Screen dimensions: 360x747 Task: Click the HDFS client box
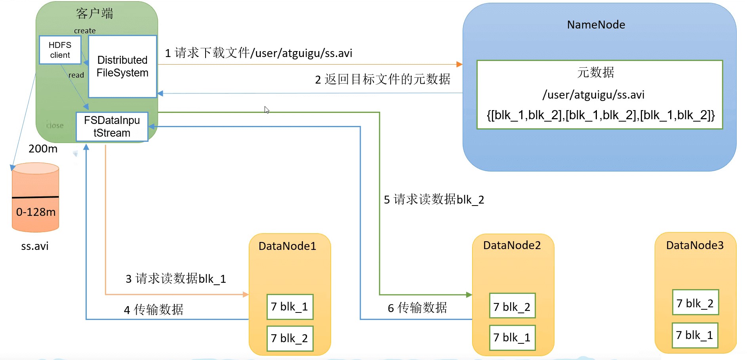pyautogui.click(x=60, y=50)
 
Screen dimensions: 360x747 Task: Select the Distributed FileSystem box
pyautogui.click(x=122, y=67)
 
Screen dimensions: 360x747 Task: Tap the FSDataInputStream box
pyautogui.click(x=112, y=127)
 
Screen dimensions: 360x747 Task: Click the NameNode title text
pyautogui.click(x=596, y=25)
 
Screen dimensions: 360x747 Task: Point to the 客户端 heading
pyautogui.click(x=94, y=13)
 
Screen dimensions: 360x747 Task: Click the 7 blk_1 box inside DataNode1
pyautogui.click(x=290, y=307)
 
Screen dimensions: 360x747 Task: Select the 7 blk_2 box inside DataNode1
pyautogui.click(x=290, y=338)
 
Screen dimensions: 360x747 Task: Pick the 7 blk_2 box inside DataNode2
pyautogui.click(x=512, y=306)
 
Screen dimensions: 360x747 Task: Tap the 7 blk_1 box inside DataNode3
pyautogui.click(x=695, y=335)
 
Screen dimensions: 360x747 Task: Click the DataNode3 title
pyautogui.click(x=695, y=245)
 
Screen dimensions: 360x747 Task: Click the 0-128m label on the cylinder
pyautogui.click(x=36, y=212)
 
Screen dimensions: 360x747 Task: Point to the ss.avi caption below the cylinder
pyautogui.click(x=35, y=246)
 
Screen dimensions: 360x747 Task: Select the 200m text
pyautogui.click(x=43, y=149)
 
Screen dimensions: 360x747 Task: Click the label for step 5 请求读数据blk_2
pyautogui.click(x=434, y=199)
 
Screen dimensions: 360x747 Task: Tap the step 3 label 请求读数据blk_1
pyautogui.click(x=175, y=278)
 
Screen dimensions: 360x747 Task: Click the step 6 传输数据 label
pyautogui.click(x=417, y=308)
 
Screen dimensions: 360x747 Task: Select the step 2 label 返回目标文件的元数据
pyautogui.click(x=382, y=79)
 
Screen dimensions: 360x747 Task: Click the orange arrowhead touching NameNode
pyautogui.click(x=459, y=64)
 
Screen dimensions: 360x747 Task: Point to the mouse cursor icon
pyautogui.click(x=267, y=110)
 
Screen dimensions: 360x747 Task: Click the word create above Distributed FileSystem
pyautogui.click(x=85, y=30)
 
